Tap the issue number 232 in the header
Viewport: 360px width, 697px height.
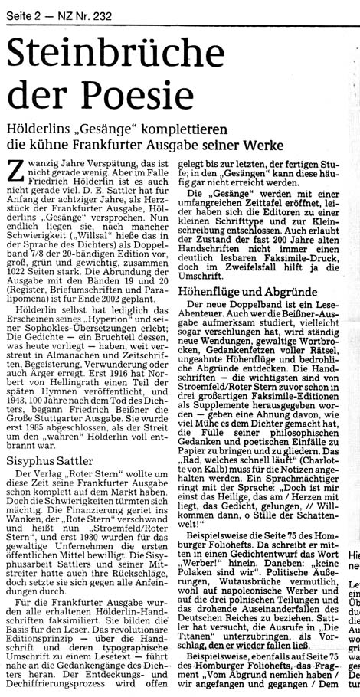pos(90,8)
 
